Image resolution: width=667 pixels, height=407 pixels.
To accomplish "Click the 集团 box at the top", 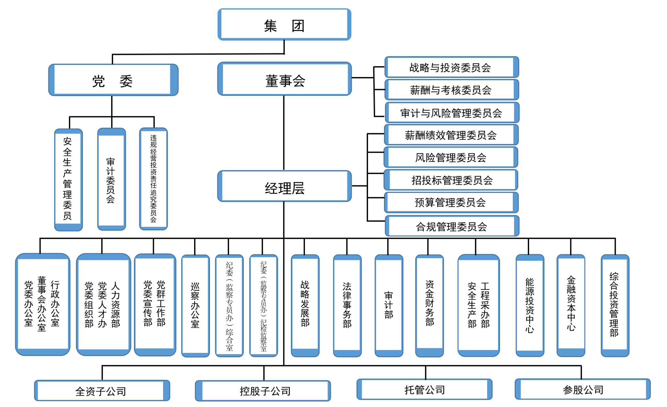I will (x=284, y=25).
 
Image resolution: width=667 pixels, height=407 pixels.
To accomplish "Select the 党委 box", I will (x=113, y=80).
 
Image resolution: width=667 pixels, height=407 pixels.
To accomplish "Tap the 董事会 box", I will (x=284, y=79).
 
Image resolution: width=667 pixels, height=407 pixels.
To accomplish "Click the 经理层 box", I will (x=284, y=187).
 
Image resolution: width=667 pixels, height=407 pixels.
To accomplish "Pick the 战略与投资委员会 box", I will (x=451, y=67).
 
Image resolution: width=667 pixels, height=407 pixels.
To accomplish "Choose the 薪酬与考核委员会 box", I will (x=451, y=90).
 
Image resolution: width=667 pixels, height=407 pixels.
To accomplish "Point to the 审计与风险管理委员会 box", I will (x=451, y=113).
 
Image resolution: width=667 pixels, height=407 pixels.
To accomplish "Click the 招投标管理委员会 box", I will (x=451, y=180).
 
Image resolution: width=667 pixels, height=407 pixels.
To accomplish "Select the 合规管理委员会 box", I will (x=451, y=226).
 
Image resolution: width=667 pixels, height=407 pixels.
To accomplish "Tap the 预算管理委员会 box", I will (x=451, y=202).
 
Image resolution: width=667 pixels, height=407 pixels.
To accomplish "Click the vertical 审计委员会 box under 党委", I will (x=111, y=180).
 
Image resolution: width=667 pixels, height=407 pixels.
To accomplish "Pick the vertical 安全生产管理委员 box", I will (x=68, y=180).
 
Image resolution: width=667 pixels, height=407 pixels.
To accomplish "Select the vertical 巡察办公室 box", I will (x=195, y=305).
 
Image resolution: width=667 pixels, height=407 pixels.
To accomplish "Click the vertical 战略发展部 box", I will (x=305, y=305).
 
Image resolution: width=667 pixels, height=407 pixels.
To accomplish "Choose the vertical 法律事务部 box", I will (x=347, y=305).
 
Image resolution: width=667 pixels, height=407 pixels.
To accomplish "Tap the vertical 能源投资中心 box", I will (x=530, y=305).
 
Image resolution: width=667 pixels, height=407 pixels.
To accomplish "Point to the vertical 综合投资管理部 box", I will (x=615, y=305).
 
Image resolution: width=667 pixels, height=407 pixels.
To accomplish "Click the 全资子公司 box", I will (x=102, y=391).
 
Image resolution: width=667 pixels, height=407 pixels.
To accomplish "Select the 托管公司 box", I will (x=424, y=389).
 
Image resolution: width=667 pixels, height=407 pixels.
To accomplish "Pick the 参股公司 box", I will (x=582, y=389).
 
